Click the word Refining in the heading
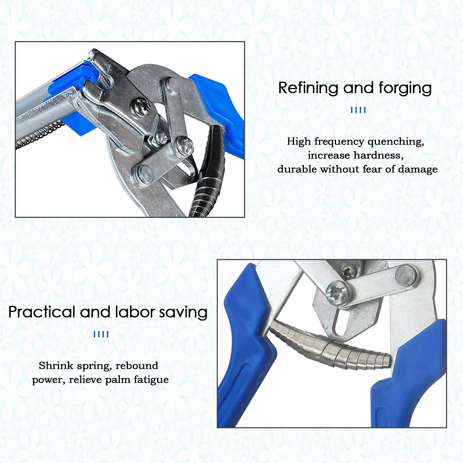click(308, 88)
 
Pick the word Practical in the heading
click(42, 312)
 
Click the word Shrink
click(56, 365)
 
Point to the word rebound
click(137, 365)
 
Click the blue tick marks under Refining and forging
click(358, 110)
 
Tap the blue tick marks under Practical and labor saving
click(101, 334)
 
